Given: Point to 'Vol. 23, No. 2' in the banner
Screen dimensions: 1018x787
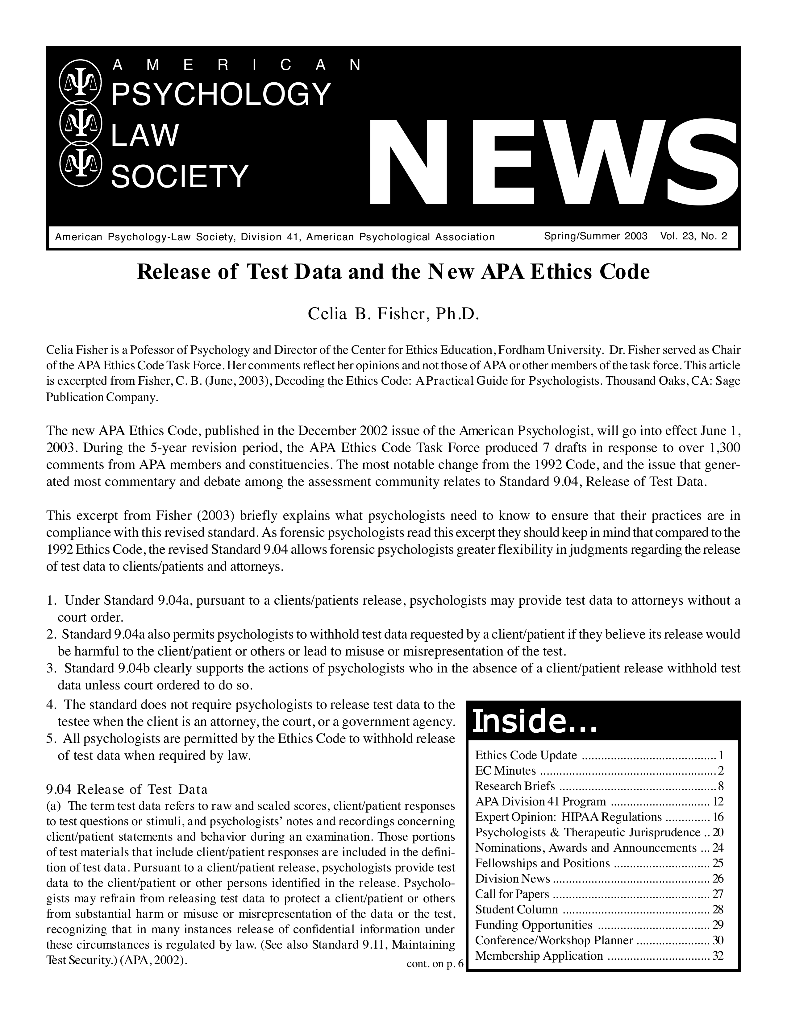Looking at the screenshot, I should (x=693, y=236).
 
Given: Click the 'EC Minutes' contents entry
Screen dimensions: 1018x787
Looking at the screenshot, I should (x=506, y=771).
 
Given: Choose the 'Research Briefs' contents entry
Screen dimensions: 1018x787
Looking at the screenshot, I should (x=515, y=786).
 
